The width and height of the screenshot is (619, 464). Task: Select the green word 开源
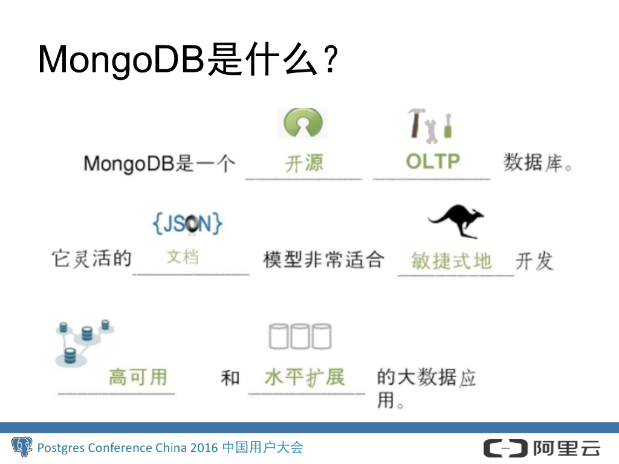click(304, 163)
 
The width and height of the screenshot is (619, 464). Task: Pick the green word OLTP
click(433, 162)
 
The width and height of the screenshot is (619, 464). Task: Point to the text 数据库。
click(537, 163)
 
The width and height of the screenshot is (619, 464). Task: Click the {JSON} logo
click(187, 224)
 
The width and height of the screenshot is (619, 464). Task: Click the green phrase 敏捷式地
click(451, 261)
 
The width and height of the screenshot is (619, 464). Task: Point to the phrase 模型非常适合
click(323, 260)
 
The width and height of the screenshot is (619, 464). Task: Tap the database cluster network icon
click(84, 341)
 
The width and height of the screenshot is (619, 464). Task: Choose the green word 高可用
click(137, 378)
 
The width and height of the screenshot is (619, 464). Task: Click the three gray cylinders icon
click(300, 337)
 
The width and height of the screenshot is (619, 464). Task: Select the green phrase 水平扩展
click(304, 378)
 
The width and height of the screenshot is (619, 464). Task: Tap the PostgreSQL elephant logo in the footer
click(22, 448)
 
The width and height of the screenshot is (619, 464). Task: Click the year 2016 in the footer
click(204, 448)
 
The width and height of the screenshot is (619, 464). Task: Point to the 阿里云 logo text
click(566, 448)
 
